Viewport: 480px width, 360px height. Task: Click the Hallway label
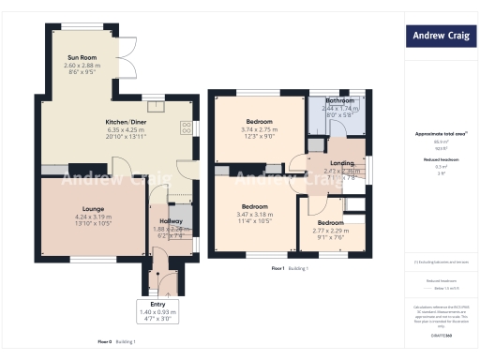coord(172,221)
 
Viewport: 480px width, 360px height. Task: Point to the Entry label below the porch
coord(157,305)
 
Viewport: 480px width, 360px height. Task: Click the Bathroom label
coord(339,100)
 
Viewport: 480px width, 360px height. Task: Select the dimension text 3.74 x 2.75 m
coord(260,130)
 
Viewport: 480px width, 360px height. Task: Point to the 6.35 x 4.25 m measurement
coord(124,130)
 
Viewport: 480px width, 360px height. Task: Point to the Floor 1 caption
coord(279,269)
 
